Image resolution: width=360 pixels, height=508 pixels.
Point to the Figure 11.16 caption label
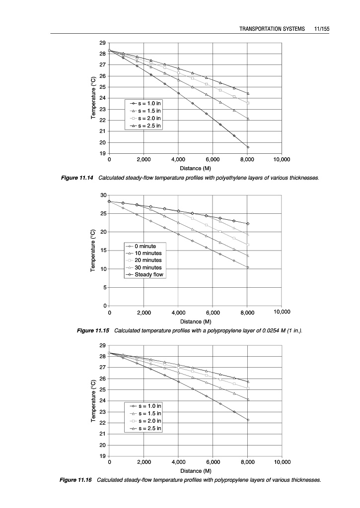[x=77, y=480]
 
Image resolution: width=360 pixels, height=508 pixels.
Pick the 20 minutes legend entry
[x=148, y=260]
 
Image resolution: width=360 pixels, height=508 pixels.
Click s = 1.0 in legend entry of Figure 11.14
[x=148, y=103]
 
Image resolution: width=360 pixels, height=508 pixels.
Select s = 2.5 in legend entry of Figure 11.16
[x=148, y=428]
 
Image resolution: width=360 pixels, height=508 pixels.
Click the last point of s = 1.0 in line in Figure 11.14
[x=248, y=147]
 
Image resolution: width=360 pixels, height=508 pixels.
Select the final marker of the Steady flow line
[x=248, y=224]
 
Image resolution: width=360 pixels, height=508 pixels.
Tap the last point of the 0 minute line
[x=248, y=267]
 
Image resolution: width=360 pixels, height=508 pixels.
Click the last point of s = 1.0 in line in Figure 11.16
[x=248, y=420]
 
